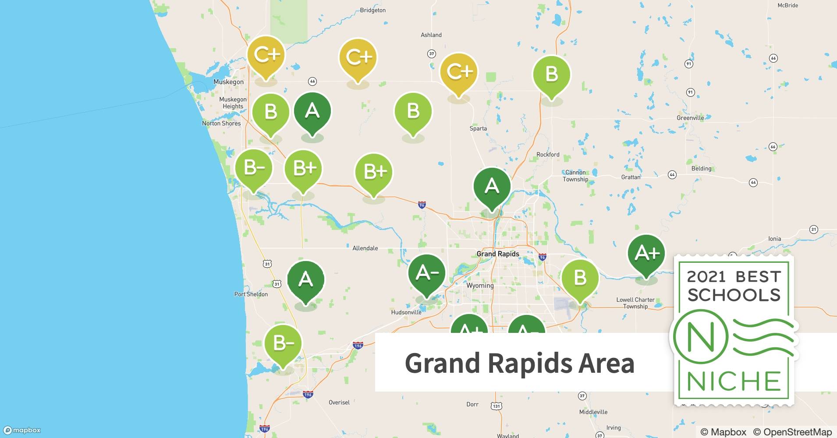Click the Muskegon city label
tap(228, 82)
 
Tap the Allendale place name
tap(365, 248)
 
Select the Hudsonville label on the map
tap(406, 312)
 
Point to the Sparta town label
tap(478, 129)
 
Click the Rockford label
tap(548, 155)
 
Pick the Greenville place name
tap(690, 118)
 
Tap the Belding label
tap(701, 169)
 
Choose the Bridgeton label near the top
tap(372, 10)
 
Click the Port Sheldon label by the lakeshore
tap(251, 294)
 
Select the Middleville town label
tap(593, 412)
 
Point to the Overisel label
tap(339, 403)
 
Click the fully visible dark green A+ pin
tap(646, 254)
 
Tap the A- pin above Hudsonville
tap(426, 274)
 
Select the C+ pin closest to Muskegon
tap(266, 55)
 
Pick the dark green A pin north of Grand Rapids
tap(492, 187)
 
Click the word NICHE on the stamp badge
tap(734, 381)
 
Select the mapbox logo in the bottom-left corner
tap(22, 430)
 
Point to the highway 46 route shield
tap(312, 81)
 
